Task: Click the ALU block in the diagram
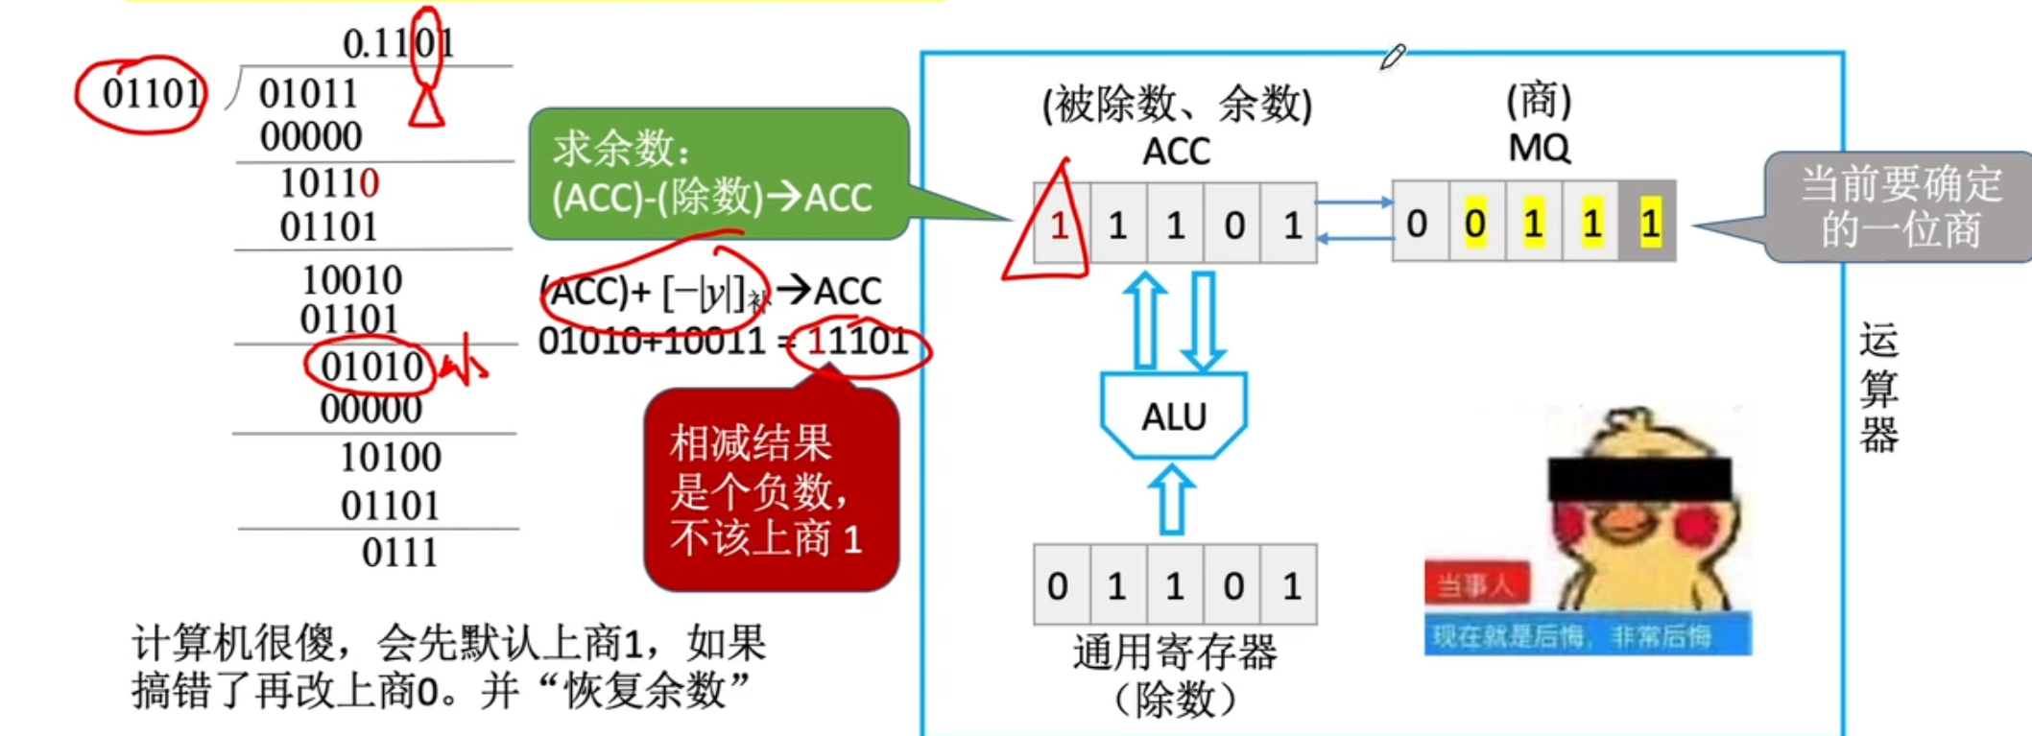click(1173, 415)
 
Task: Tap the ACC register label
click(1176, 152)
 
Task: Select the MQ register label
click(1539, 148)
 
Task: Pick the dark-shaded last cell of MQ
click(1648, 224)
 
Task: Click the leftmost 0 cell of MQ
click(1418, 224)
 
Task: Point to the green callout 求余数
click(718, 173)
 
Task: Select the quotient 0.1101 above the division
click(397, 43)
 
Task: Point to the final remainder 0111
click(399, 553)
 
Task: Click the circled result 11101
click(857, 341)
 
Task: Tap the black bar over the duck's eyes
click(1639, 478)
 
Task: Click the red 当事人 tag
click(1476, 583)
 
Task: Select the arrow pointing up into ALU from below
click(1172, 500)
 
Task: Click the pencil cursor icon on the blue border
click(1393, 57)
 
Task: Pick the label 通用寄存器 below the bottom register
click(1174, 653)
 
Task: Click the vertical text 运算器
click(1877, 388)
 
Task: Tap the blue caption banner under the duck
click(1588, 635)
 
